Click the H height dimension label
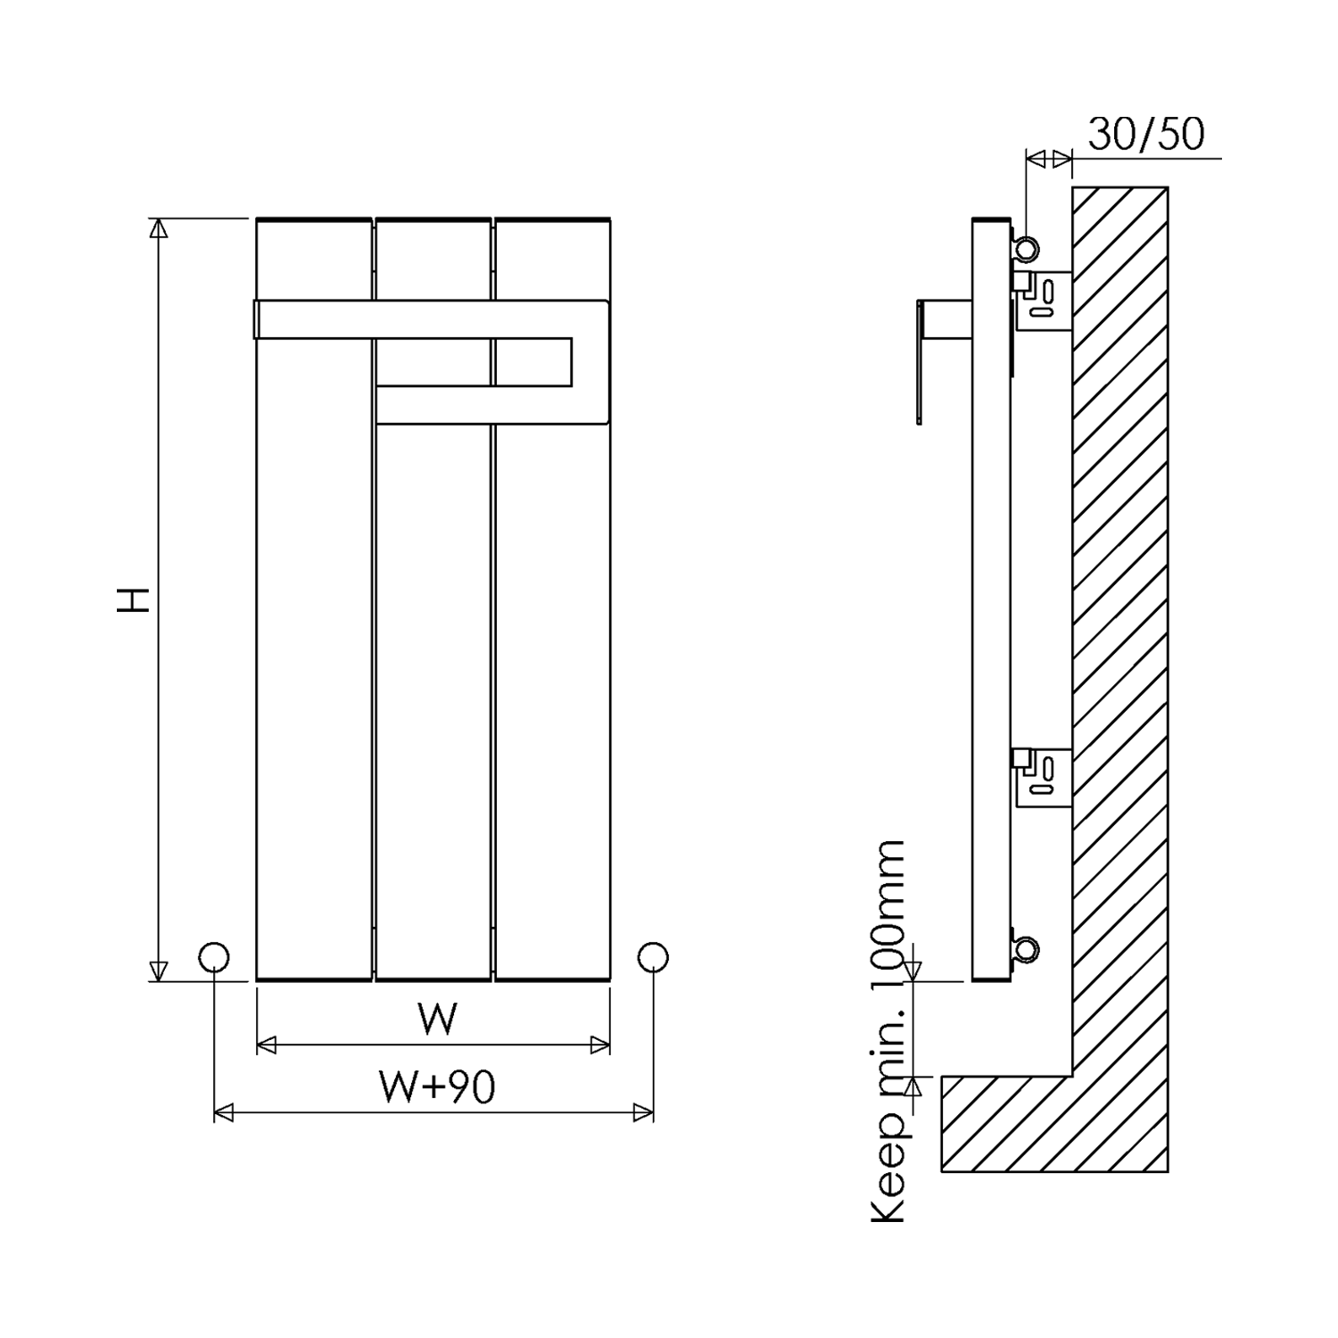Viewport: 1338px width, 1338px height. click(x=134, y=599)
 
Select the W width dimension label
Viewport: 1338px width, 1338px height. click(x=437, y=1019)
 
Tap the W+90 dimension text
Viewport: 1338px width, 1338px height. click(x=437, y=1086)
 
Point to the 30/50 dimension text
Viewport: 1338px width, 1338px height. click(x=1146, y=135)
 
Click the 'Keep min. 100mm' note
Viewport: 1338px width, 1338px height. click(x=888, y=1030)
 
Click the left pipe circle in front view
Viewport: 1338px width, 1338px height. click(x=213, y=957)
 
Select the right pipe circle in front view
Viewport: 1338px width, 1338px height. click(x=653, y=957)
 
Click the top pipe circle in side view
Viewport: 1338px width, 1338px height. click(x=1028, y=249)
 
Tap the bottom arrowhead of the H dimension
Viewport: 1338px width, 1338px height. click(x=158, y=970)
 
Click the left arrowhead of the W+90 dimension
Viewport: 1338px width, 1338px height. click(x=224, y=1112)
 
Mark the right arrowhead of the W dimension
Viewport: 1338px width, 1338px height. click(x=600, y=1045)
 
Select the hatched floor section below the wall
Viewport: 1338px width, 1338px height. click(x=1053, y=1124)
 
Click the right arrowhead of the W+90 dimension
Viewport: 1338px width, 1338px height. click(x=643, y=1112)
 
